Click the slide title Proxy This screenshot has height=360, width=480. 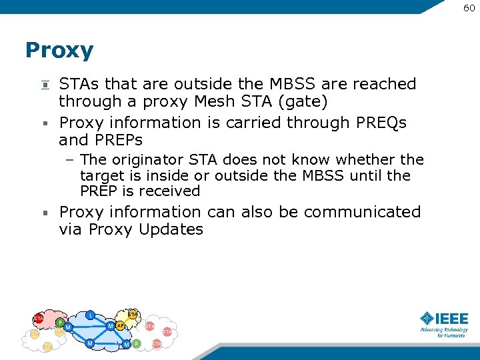(59, 51)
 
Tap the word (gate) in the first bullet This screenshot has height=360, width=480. (308, 101)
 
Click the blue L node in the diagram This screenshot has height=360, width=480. (91, 314)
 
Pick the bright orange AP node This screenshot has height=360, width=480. (120, 325)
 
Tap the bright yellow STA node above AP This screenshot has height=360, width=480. (133, 314)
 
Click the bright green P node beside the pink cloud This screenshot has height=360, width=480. (60, 322)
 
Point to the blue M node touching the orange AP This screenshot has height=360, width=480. (110, 325)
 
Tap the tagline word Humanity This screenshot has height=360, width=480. (453, 335)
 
